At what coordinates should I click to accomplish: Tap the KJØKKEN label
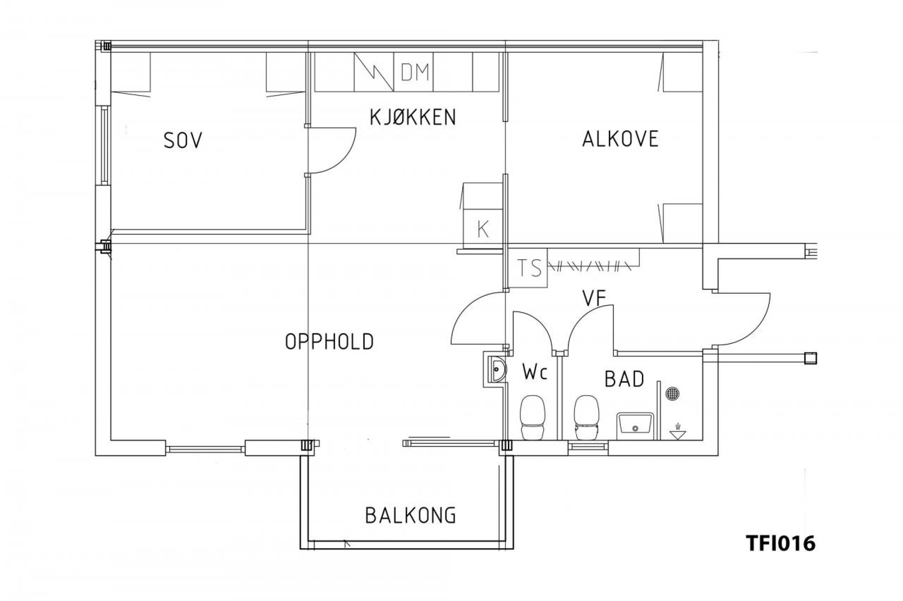click(x=413, y=117)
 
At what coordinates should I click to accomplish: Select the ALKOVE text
click(x=620, y=139)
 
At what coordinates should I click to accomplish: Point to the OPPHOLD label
click(x=329, y=341)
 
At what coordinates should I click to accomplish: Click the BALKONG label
click(x=410, y=515)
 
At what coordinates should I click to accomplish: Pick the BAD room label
click(x=624, y=379)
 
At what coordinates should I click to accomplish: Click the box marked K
click(x=483, y=229)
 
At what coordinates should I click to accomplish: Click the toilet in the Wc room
click(x=532, y=417)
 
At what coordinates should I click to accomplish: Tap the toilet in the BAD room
click(x=586, y=417)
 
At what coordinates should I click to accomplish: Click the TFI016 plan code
click(x=781, y=543)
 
